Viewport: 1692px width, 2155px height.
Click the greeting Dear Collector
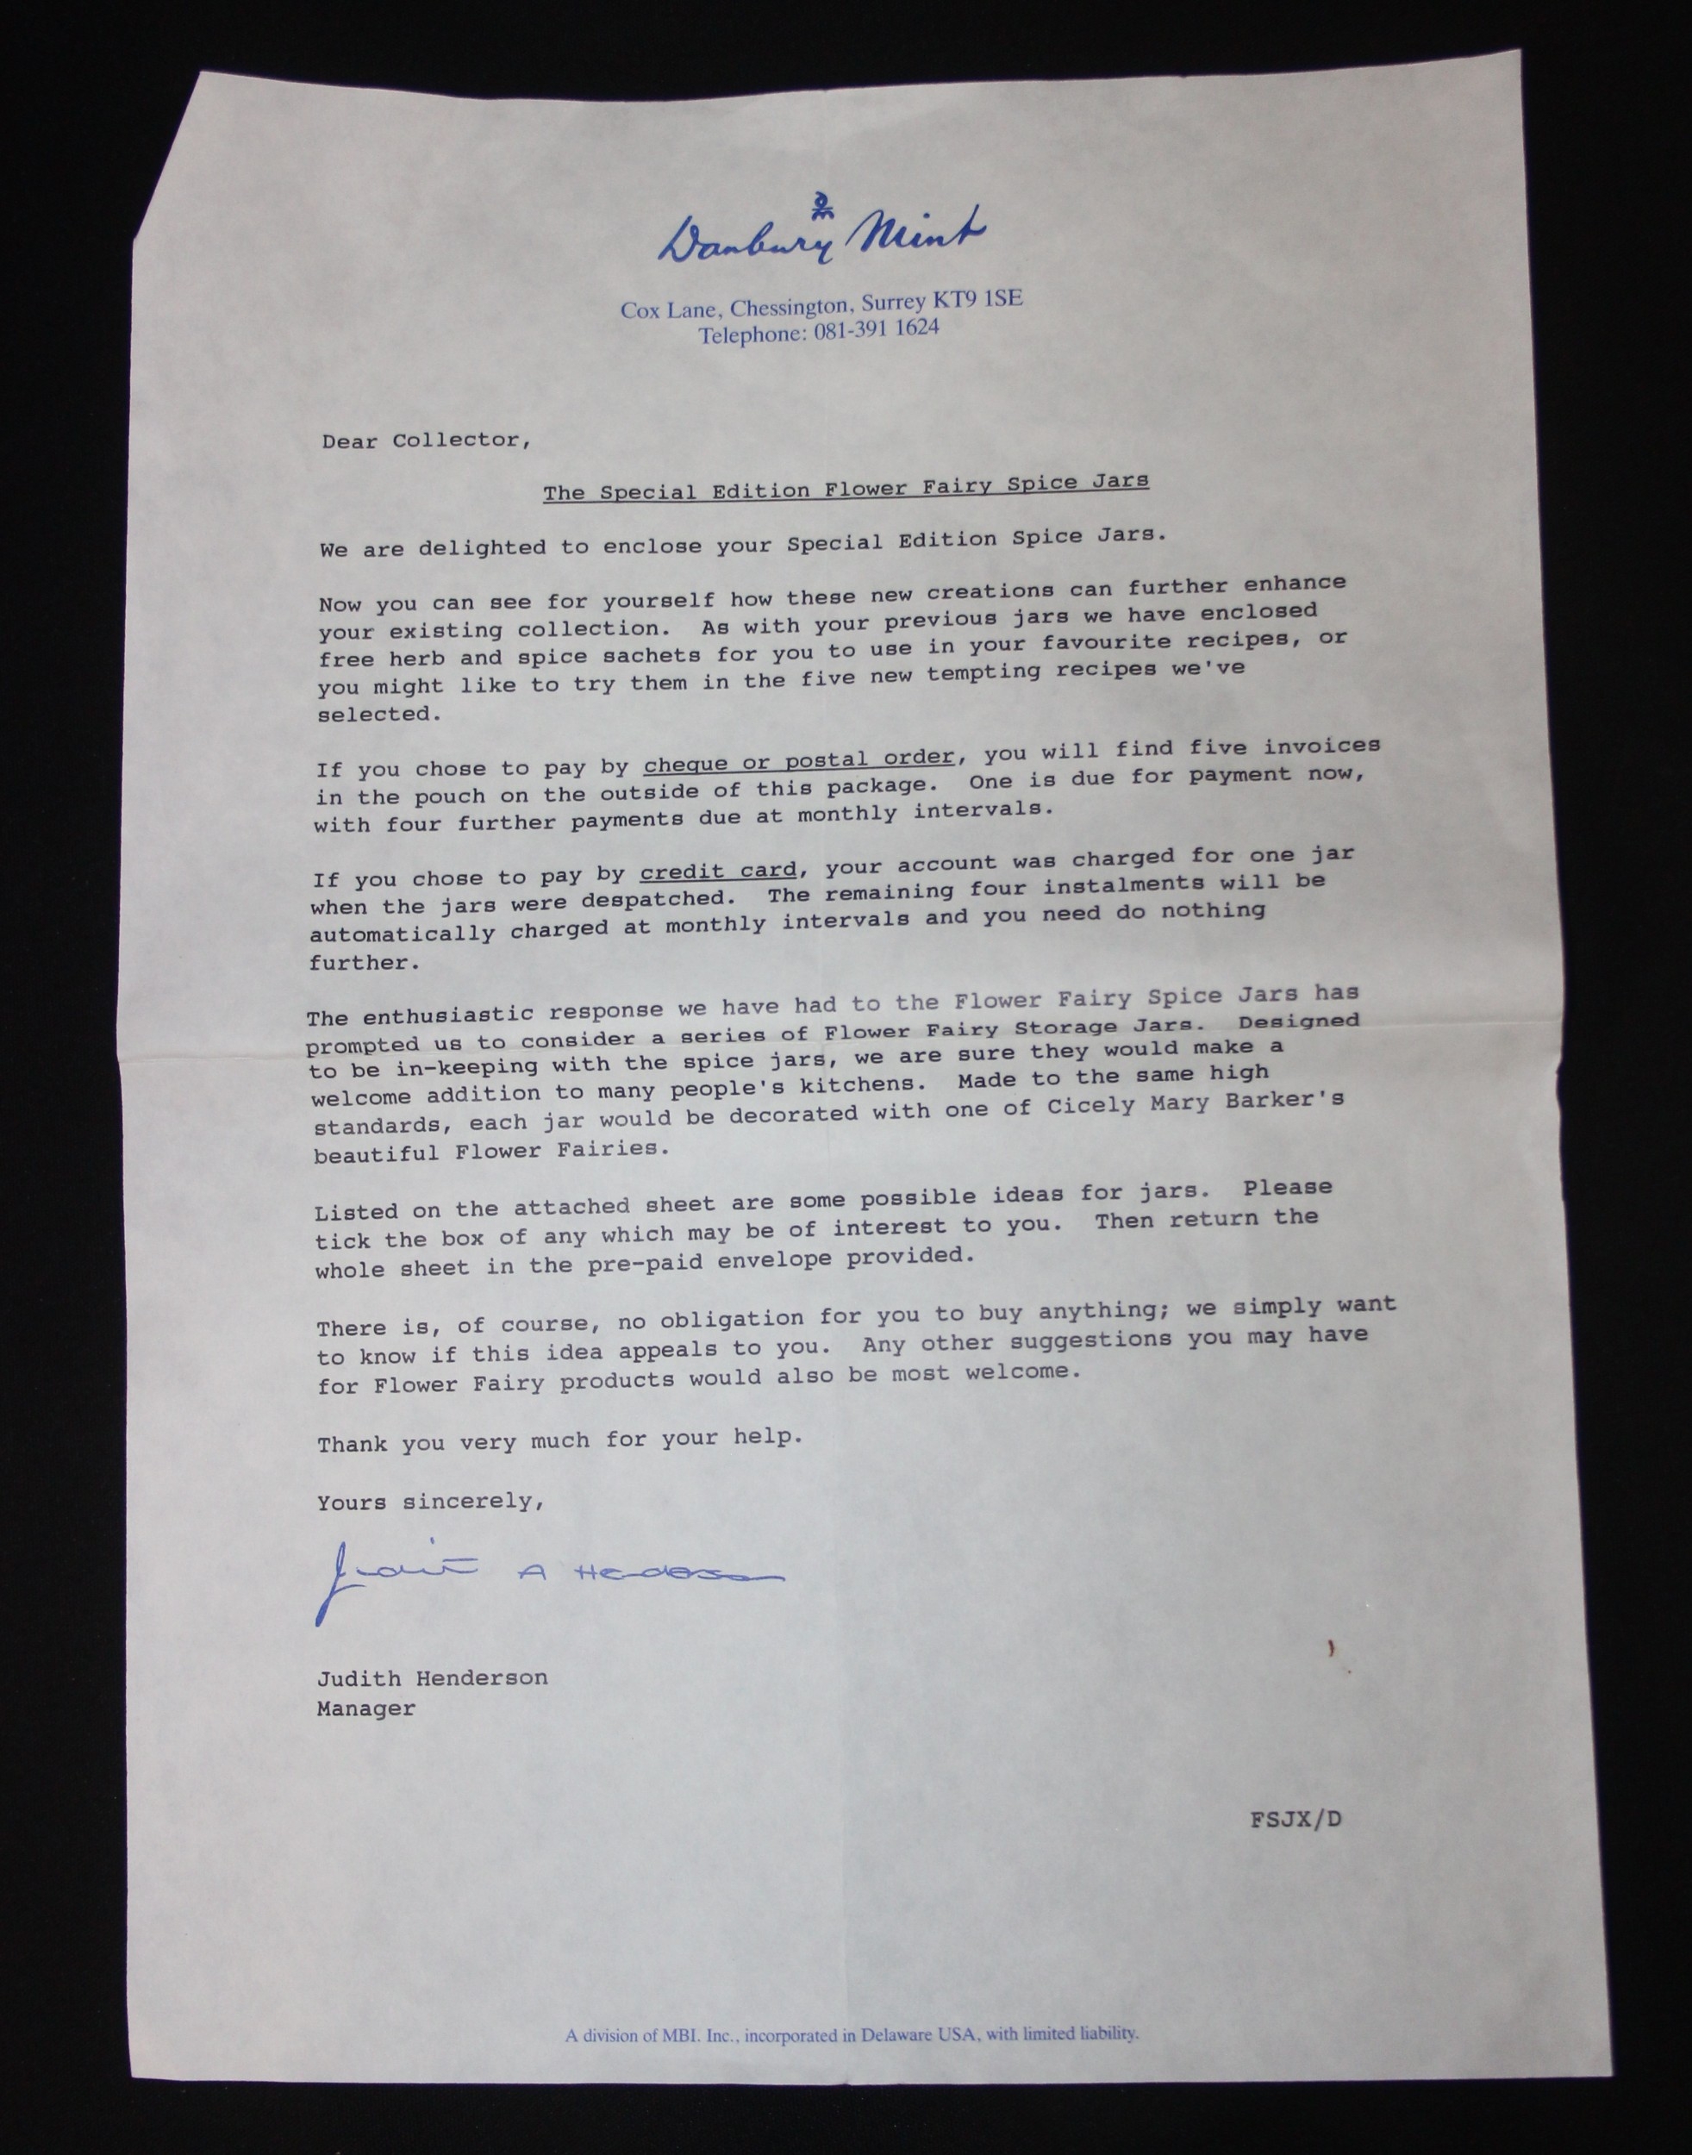click(426, 440)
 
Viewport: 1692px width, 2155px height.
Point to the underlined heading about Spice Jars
click(845, 486)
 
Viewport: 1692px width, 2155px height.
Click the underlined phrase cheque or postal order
click(798, 760)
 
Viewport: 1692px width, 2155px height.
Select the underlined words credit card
click(718, 871)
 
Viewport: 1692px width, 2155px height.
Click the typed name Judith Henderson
click(432, 1677)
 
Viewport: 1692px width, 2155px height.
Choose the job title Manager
click(365, 1708)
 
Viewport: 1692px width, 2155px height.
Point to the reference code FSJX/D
click(1296, 1819)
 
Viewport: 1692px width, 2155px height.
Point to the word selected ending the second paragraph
click(378, 714)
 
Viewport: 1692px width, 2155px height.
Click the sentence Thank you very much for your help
click(559, 1440)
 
